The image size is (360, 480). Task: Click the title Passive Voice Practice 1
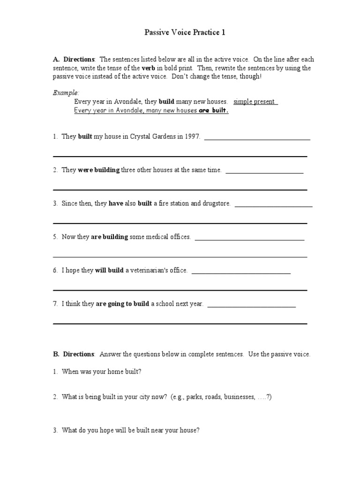pyautogui.click(x=180, y=33)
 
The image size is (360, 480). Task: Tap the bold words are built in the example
pyautogui.click(x=213, y=111)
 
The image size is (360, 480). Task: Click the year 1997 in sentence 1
pyautogui.click(x=193, y=136)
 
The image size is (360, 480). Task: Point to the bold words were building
pyautogui.click(x=98, y=170)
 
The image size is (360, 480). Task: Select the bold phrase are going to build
pyautogui.click(x=122, y=304)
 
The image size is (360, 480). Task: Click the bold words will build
pyautogui.click(x=109, y=270)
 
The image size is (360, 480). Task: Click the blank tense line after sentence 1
pyautogui.click(x=257, y=139)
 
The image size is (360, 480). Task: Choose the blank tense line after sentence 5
pyautogui.click(x=249, y=240)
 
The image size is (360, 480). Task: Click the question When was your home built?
pyautogui.click(x=101, y=371)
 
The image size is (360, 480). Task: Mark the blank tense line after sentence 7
pyautogui.click(x=251, y=307)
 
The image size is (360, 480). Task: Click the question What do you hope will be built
pyautogui.click(x=131, y=430)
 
